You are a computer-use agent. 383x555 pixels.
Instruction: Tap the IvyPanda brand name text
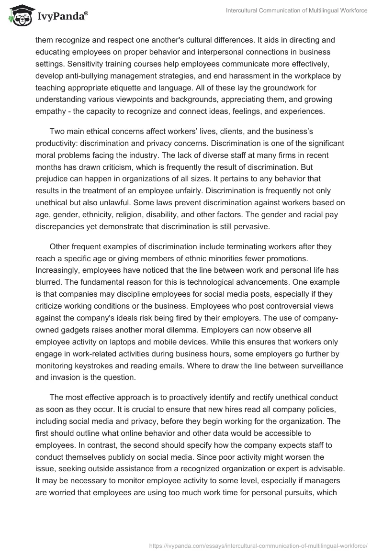(x=61, y=16)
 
